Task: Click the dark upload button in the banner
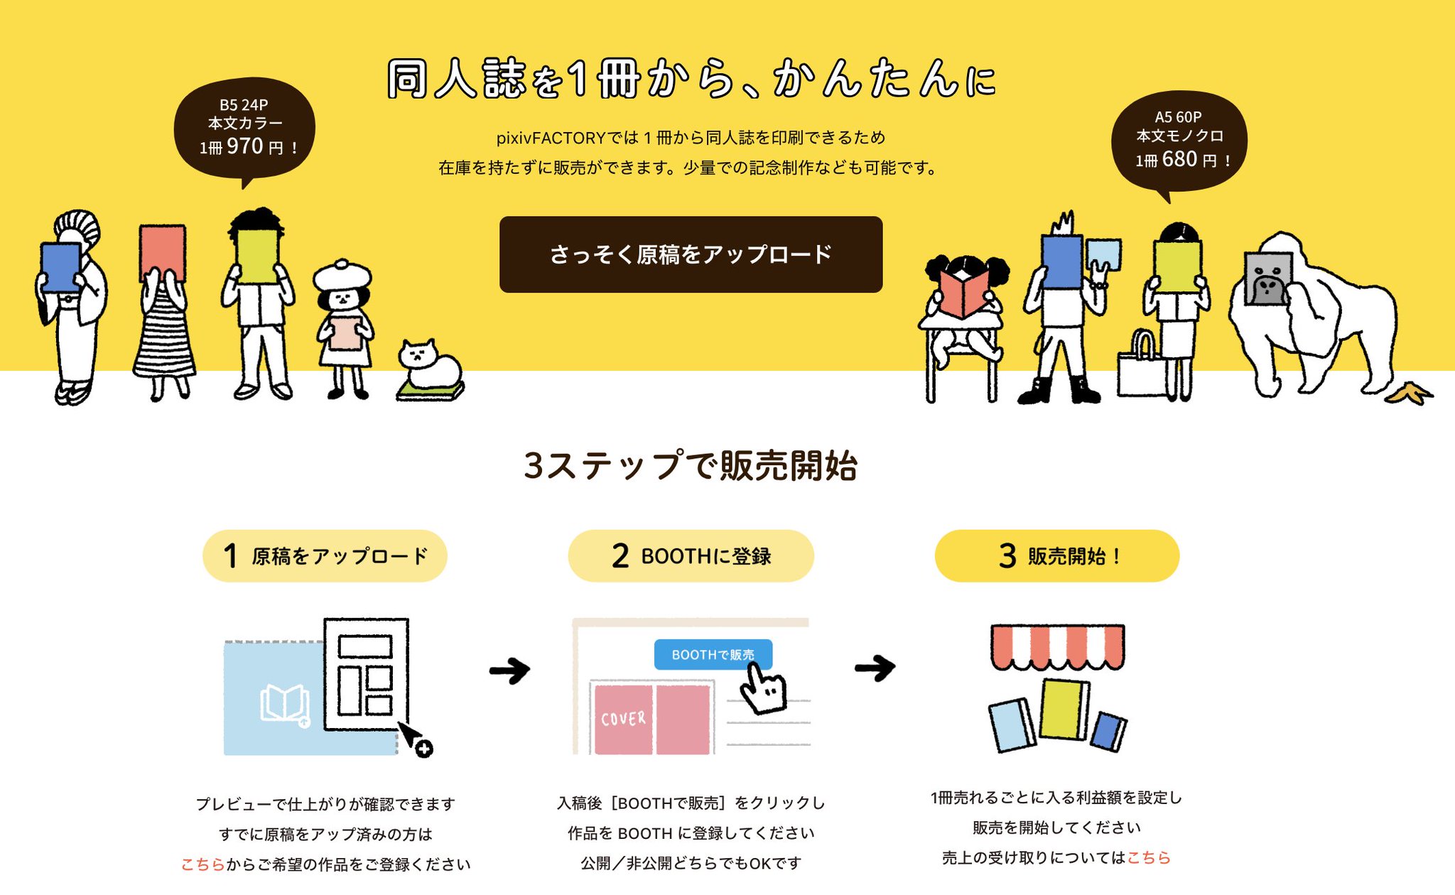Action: pyautogui.click(x=691, y=254)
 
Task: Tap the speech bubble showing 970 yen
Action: pyautogui.click(x=244, y=128)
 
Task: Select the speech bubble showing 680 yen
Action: pyautogui.click(x=1179, y=141)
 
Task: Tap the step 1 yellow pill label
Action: pyautogui.click(x=325, y=555)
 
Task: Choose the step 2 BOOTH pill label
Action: pyautogui.click(x=691, y=555)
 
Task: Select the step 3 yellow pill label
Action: pyautogui.click(x=1056, y=555)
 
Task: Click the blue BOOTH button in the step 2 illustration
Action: pyautogui.click(x=712, y=654)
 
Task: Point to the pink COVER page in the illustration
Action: pyautogui.click(x=623, y=719)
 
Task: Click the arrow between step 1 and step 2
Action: pyautogui.click(x=510, y=669)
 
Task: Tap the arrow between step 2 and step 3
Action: pyautogui.click(x=875, y=668)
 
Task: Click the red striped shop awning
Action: pyautogui.click(x=1057, y=646)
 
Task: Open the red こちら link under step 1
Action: pyautogui.click(x=202, y=864)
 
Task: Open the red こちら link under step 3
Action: pyautogui.click(x=1148, y=857)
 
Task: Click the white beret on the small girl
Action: pyautogui.click(x=342, y=274)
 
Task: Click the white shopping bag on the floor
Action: pyautogui.click(x=1141, y=369)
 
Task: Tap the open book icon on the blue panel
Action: pyautogui.click(x=284, y=704)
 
